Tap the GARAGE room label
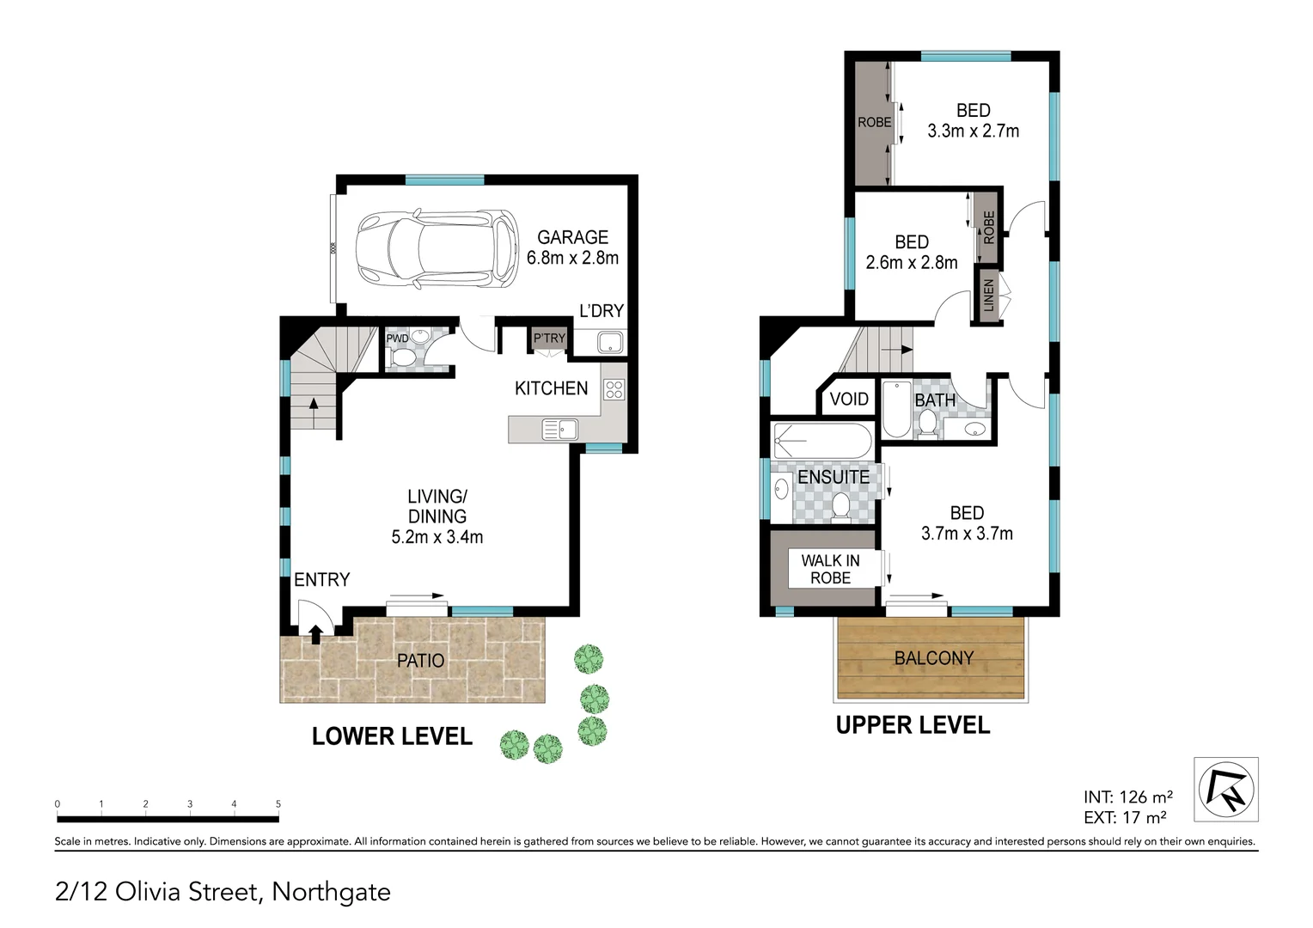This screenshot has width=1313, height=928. tap(572, 237)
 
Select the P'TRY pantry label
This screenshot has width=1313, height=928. tap(549, 339)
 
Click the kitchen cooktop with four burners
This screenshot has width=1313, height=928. tap(614, 389)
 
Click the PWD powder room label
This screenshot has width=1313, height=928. tap(397, 339)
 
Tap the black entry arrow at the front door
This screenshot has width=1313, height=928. tap(315, 635)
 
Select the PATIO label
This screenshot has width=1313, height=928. tap(420, 661)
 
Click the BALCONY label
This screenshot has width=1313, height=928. tap(934, 658)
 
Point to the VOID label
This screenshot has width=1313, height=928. tap(849, 400)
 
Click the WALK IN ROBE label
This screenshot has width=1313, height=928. tap(830, 569)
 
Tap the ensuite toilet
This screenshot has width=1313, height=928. tap(840, 508)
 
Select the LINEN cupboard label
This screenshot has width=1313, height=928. tap(988, 296)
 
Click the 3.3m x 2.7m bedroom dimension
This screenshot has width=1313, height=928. tap(973, 131)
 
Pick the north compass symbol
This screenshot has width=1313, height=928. tap(1226, 789)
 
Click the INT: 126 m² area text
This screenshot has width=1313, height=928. tap(1127, 797)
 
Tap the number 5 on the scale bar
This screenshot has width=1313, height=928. tap(278, 804)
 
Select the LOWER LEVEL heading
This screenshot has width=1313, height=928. tap(392, 736)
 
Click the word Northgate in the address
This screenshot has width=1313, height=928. tap(331, 892)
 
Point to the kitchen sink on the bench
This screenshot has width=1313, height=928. tap(560, 429)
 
